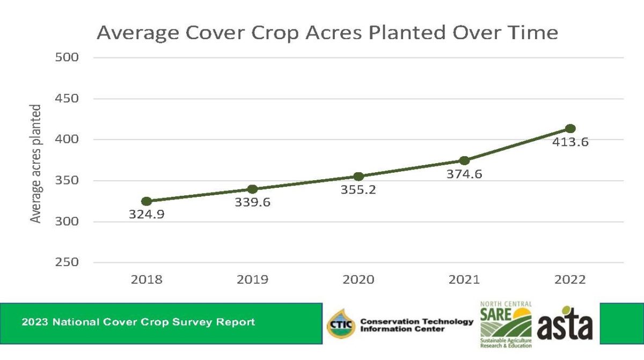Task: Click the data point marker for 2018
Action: (146, 201)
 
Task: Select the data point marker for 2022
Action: (570, 129)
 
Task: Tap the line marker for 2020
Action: (358, 177)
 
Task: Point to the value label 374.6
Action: (464, 174)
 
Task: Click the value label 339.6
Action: (252, 203)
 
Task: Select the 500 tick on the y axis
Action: (67, 57)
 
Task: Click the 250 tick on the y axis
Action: (67, 262)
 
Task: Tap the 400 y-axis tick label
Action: (67, 139)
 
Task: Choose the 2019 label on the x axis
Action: (252, 280)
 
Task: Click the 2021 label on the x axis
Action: (464, 280)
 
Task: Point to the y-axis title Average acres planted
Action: (36, 164)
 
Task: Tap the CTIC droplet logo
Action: (341, 324)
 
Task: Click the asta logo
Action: (565, 325)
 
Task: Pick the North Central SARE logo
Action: (506, 325)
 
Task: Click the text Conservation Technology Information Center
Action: (416, 325)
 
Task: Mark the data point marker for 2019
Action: (252, 189)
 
